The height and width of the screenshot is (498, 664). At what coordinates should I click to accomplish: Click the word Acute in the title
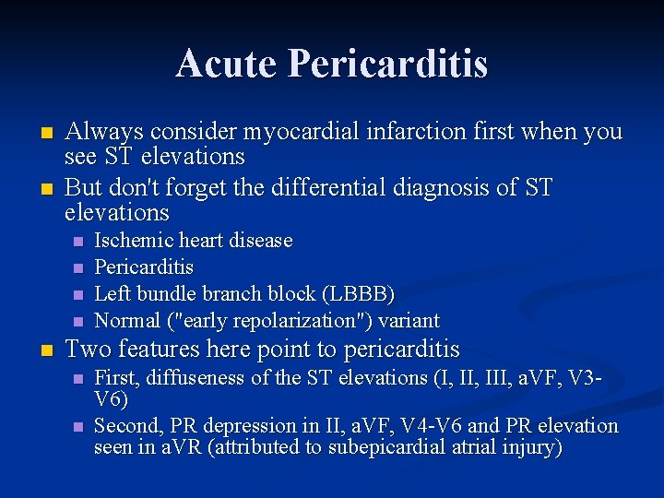tap(226, 64)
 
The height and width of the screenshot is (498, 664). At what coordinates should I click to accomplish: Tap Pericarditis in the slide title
tap(387, 64)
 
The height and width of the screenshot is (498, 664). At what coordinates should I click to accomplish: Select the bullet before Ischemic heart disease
tap(77, 242)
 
